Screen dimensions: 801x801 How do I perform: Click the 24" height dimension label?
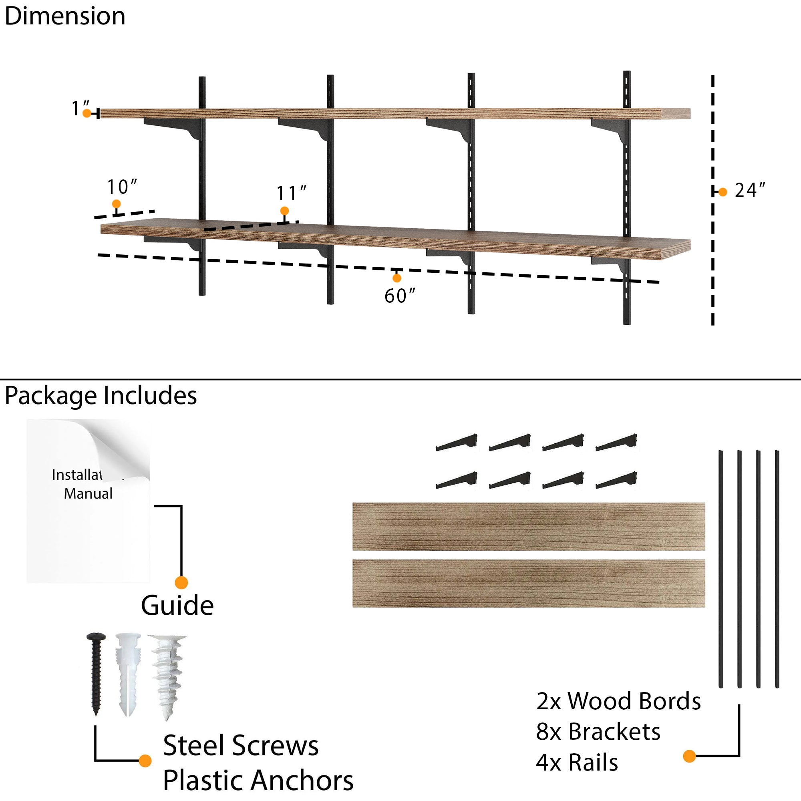(750, 191)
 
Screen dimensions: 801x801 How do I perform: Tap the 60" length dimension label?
(399, 296)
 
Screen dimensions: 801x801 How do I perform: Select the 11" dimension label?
(291, 193)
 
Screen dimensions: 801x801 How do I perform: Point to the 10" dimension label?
(122, 187)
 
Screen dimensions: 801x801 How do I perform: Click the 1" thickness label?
(80, 108)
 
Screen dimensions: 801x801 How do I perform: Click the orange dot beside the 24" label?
(723, 192)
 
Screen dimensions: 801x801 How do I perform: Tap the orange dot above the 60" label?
(397, 278)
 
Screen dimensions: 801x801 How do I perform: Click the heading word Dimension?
(65, 16)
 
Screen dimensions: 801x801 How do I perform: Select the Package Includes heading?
(101, 396)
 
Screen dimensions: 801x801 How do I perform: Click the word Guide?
(177, 606)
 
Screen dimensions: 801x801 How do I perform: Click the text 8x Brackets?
(598, 732)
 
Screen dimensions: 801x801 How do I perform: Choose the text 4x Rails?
(577, 763)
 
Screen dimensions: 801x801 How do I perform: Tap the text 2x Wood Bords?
(618, 701)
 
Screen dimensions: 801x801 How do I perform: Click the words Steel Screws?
(241, 745)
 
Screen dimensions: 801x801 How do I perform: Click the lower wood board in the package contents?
(529, 584)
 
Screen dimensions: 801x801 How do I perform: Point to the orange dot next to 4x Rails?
(689, 756)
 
